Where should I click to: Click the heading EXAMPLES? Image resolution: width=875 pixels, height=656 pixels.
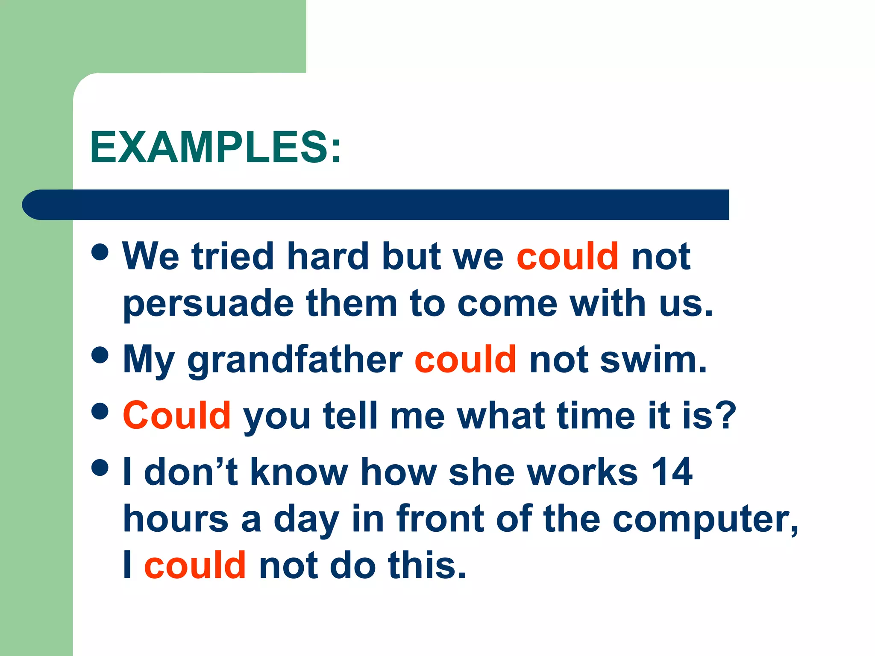click(x=216, y=147)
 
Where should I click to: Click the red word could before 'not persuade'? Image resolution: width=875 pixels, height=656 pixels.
click(x=567, y=256)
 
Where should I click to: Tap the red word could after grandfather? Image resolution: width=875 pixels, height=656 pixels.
click(x=465, y=360)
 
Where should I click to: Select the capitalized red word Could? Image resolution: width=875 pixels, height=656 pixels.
click(x=177, y=415)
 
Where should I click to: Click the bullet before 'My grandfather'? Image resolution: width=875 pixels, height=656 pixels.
click(x=100, y=355)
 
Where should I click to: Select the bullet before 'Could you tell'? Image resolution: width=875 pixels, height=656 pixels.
click(x=100, y=411)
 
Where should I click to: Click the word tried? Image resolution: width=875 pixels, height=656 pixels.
click(x=232, y=256)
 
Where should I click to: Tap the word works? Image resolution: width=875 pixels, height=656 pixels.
click(x=583, y=471)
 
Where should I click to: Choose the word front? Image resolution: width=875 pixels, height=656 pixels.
click(x=440, y=518)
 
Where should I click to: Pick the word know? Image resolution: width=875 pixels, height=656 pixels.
click(x=299, y=471)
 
